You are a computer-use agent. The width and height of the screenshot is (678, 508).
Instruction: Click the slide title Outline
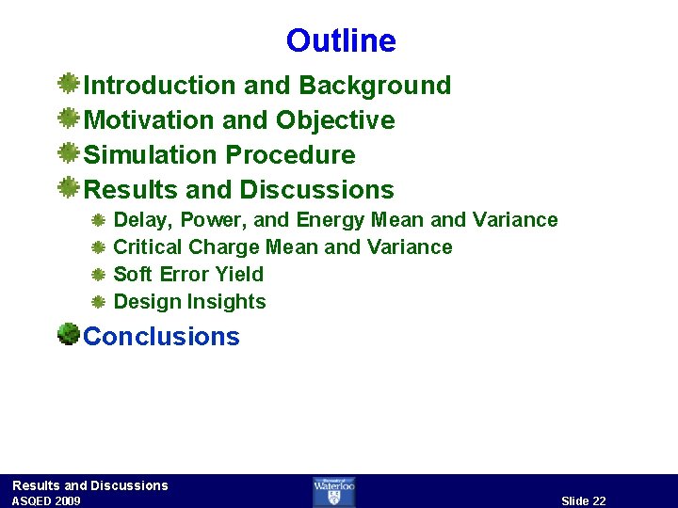click(x=341, y=41)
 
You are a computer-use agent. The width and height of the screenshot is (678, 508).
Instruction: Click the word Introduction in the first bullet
click(x=160, y=86)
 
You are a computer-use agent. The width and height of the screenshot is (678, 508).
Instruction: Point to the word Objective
click(x=335, y=120)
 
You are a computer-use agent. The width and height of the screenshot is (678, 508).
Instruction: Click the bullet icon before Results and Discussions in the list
click(x=68, y=188)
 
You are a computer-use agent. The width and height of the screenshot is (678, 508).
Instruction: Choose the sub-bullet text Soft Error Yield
click(x=188, y=275)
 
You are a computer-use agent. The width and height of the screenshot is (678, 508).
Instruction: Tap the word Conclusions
click(x=162, y=337)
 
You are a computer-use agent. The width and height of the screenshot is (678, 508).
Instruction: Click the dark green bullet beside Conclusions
click(x=68, y=334)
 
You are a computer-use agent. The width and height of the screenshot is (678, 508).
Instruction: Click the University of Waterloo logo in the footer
click(x=334, y=491)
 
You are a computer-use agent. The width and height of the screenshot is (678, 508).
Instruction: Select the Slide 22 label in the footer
click(x=583, y=500)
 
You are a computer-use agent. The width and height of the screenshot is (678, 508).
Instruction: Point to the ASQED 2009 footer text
click(x=46, y=501)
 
